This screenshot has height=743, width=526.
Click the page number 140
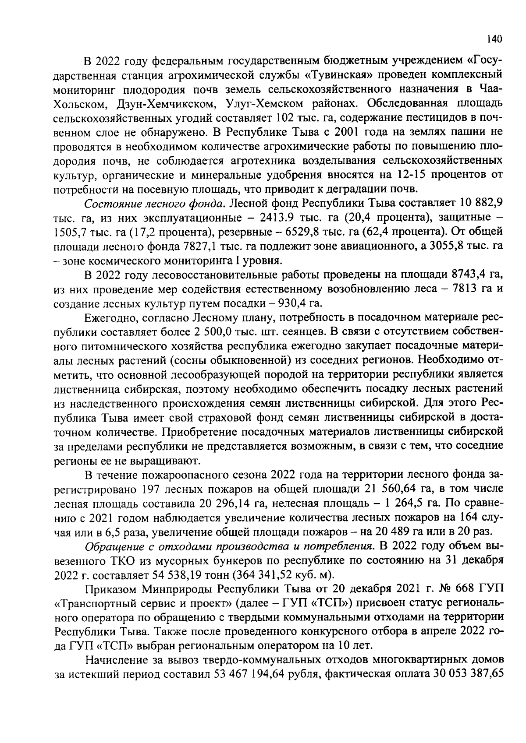pos(494,39)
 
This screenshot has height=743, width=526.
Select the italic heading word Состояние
pos(110,204)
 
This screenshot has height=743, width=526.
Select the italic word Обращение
pos(110,546)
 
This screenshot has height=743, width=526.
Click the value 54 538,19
pos(176,575)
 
